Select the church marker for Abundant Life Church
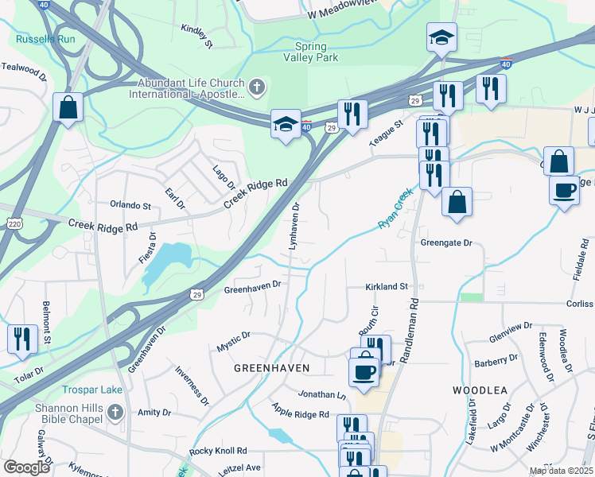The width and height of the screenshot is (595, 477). [257, 87]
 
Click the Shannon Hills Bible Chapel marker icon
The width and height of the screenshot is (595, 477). [115, 412]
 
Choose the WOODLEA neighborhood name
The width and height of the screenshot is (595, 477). [480, 390]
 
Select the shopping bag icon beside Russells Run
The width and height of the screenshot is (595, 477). [68, 107]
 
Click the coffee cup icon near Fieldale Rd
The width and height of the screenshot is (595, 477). [564, 190]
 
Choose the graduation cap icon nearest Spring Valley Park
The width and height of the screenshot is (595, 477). [441, 37]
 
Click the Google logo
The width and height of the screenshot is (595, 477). [26, 467]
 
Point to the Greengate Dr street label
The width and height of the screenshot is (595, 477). [446, 243]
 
